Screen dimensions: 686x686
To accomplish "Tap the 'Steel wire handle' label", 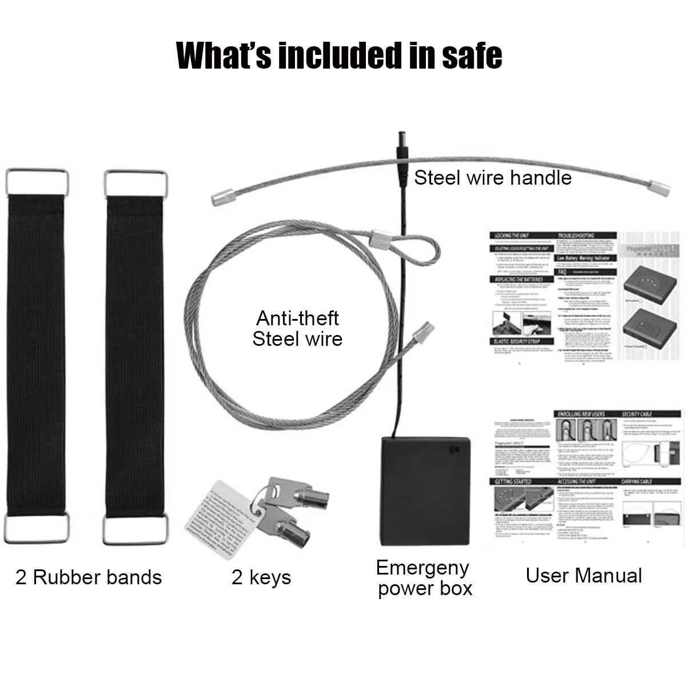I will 493,178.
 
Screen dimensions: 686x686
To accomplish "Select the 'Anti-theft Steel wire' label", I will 297,328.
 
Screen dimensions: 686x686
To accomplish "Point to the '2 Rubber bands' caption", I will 89,577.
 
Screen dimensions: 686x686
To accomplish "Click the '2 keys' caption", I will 261,577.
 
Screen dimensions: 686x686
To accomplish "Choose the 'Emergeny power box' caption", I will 424,578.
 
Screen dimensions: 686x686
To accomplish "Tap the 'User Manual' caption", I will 584,576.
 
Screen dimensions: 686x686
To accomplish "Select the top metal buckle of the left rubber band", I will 37,181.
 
